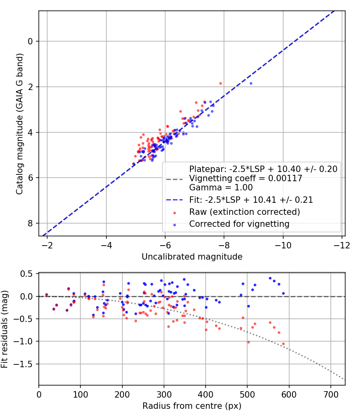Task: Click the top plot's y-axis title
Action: (19, 124)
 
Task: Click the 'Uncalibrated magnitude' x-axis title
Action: (192, 257)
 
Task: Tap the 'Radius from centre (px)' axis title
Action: (192, 406)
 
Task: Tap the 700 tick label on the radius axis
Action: (331, 394)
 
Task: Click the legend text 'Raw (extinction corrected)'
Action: (244, 212)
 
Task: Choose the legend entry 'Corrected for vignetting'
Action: (239, 224)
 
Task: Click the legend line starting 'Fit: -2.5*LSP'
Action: (251, 200)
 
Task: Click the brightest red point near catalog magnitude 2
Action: (220, 83)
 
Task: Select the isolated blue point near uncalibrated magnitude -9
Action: (251, 83)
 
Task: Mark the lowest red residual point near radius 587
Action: (283, 344)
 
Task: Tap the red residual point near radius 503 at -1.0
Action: (248, 342)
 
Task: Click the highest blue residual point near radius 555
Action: (270, 278)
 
